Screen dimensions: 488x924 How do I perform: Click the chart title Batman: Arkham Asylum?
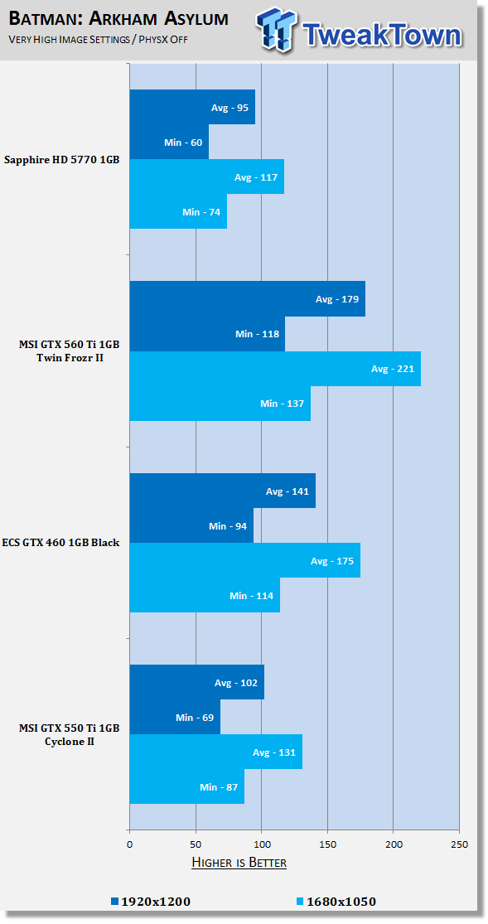pyautogui.click(x=118, y=19)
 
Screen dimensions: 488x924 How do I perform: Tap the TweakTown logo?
pyautogui.click(x=359, y=30)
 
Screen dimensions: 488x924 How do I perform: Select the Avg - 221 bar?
pyautogui.click(x=275, y=369)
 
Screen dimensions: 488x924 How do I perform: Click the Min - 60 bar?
pyautogui.click(x=169, y=142)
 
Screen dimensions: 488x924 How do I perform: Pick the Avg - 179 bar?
pyautogui.click(x=248, y=299)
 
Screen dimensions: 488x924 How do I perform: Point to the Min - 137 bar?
pyautogui.click(x=220, y=404)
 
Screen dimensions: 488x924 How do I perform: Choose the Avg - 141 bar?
pyautogui.click(x=223, y=491)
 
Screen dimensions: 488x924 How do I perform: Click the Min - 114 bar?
pyautogui.click(x=205, y=595)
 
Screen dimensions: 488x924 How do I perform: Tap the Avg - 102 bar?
pyautogui.click(x=197, y=682)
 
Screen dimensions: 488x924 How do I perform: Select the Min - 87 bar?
pyautogui.click(x=186, y=786)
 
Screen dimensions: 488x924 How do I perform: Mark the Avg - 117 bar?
pyautogui.click(x=207, y=177)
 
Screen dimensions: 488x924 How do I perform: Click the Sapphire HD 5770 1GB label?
pyautogui.click(x=62, y=159)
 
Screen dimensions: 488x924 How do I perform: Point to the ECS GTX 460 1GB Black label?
pyautogui.click(x=62, y=543)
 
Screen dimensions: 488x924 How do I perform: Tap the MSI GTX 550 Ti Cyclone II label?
pyautogui.click(x=70, y=734)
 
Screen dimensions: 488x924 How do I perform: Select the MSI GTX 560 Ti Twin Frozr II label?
pyautogui.click(x=70, y=351)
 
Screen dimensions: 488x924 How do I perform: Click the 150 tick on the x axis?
pyautogui.click(x=328, y=844)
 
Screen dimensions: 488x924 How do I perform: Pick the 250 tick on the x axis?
pyautogui.click(x=459, y=844)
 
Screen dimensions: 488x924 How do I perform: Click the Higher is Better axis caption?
pyautogui.click(x=239, y=863)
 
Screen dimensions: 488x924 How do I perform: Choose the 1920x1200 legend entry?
pyautogui.click(x=150, y=901)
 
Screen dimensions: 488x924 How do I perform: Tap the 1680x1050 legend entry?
pyautogui.click(x=334, y=901)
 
